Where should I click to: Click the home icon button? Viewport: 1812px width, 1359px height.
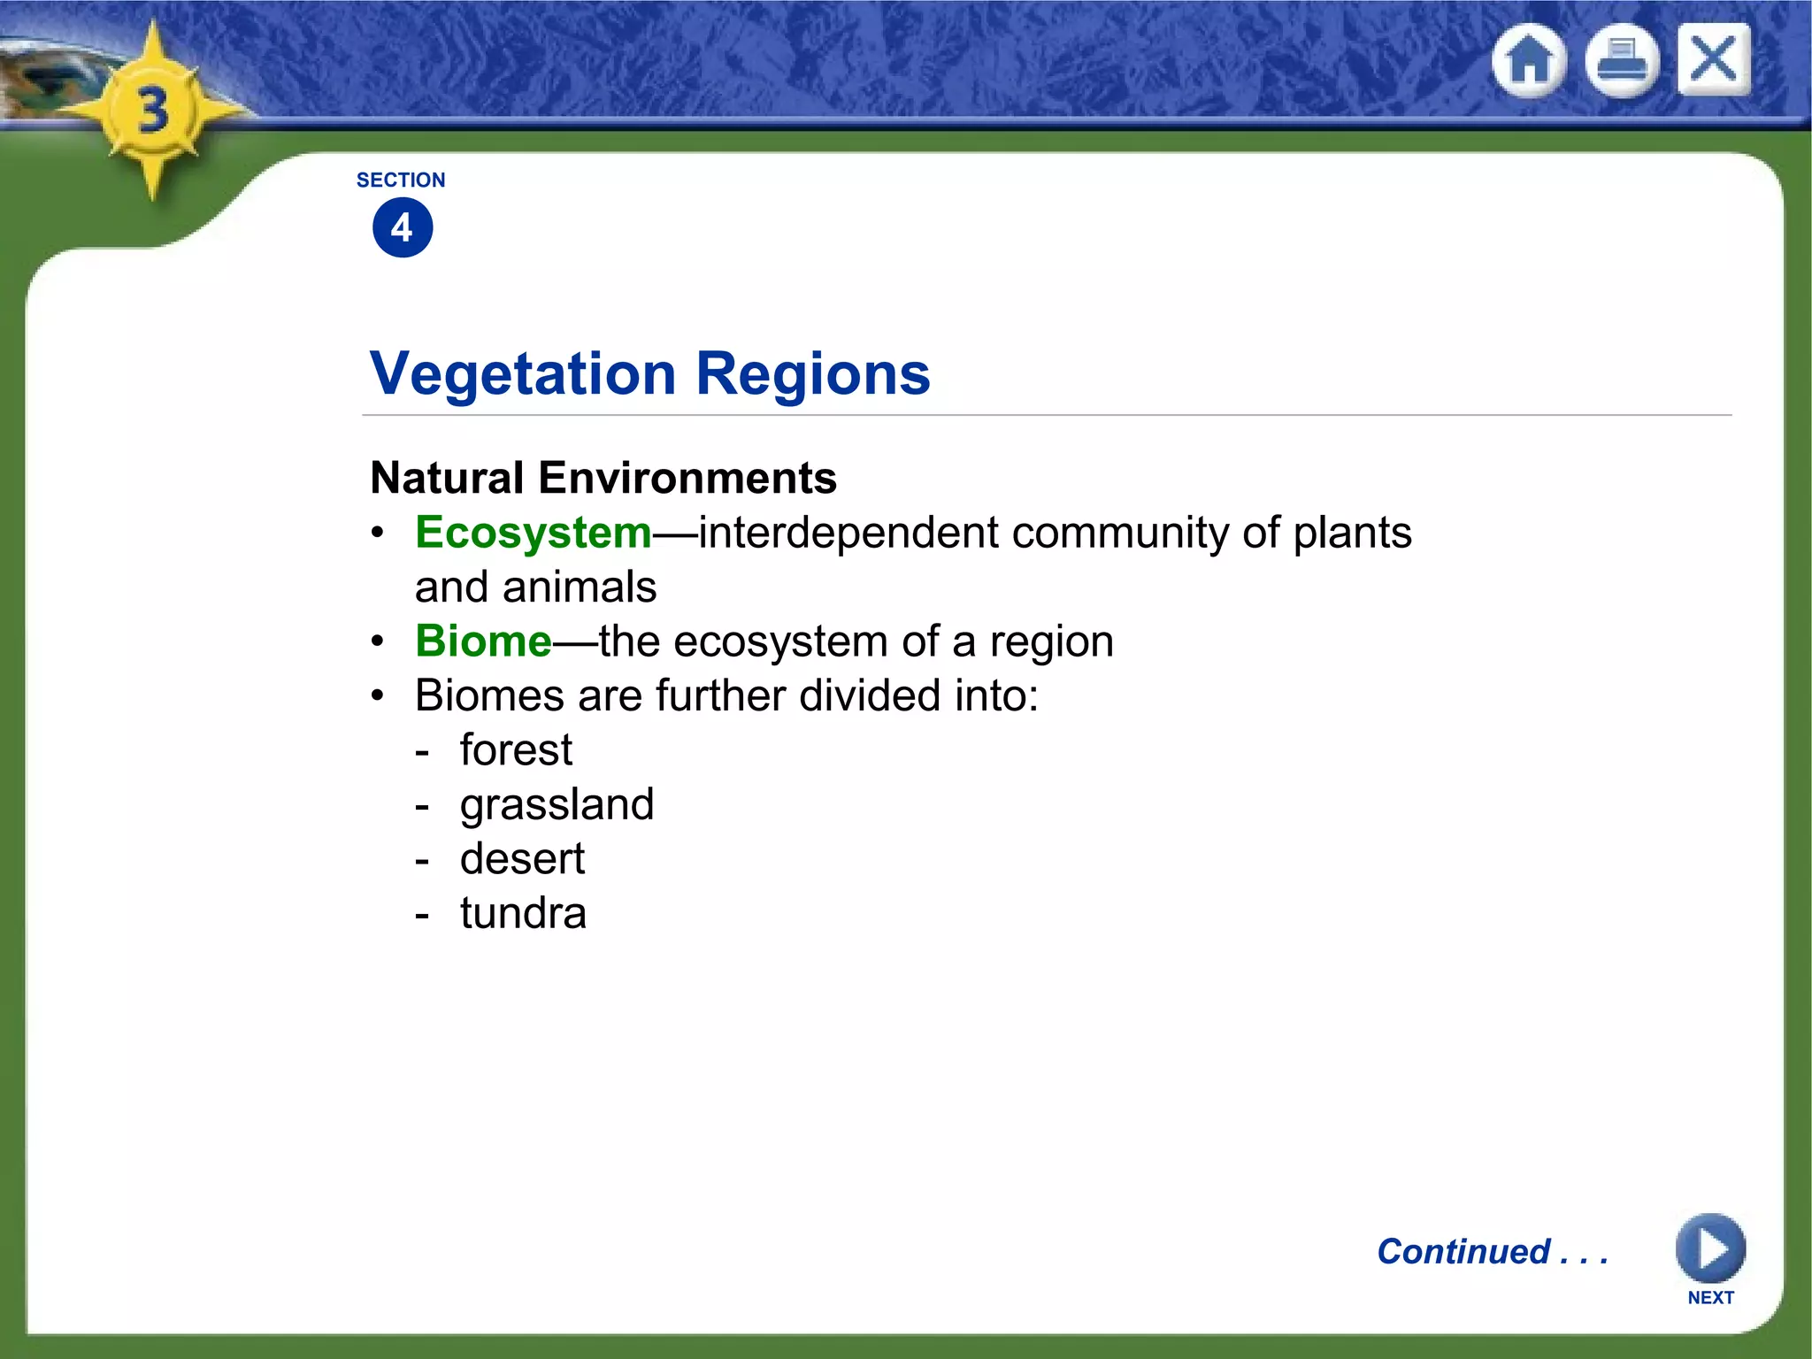coord(1529,62)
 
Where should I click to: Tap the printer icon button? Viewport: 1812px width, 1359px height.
coord(1621,62)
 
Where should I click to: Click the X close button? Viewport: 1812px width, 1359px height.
coord(1714,60)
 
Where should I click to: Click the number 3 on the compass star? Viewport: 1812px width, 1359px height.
coord(153,111)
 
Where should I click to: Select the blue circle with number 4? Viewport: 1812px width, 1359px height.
coord(403,228)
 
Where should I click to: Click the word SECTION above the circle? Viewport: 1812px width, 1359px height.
coord(401,180)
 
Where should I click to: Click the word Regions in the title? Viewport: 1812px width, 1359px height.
coord(812,374)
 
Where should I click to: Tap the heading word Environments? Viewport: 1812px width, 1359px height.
coord(687,479)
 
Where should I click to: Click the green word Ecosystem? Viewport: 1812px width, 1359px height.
coord(534,534)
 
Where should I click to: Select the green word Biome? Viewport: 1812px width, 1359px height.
coord(483,641)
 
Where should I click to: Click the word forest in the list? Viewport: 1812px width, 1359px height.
coord(516,750)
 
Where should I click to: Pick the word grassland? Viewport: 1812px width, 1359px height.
coord(557,805)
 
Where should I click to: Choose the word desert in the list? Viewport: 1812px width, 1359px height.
coord(522,859)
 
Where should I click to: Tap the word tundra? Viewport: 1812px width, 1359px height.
coord(523,913)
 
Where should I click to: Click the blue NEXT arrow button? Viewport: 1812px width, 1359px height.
coord(1709,1249)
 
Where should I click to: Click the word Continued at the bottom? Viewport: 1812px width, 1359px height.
coord(1463,1252)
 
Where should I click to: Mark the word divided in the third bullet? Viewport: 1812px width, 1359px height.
coord(870,696)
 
